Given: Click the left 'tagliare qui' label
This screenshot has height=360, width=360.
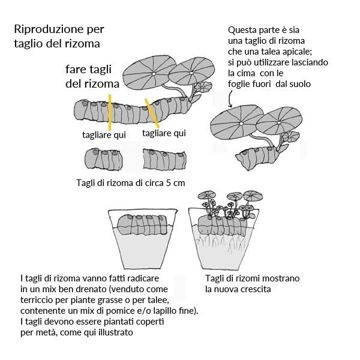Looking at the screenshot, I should pos(104,135).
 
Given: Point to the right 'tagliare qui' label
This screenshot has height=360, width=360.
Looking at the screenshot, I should pos(164,133).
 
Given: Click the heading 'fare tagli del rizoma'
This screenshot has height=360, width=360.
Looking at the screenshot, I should pos(92,76).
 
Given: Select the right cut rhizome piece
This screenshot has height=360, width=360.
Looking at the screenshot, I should pos(162,160).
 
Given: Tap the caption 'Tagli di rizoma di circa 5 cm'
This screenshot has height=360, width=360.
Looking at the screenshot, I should pos(130,182).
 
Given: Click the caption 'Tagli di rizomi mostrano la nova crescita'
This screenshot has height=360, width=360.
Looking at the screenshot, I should pos(252,284).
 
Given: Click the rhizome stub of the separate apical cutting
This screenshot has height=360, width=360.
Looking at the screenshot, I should pos(256,158).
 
